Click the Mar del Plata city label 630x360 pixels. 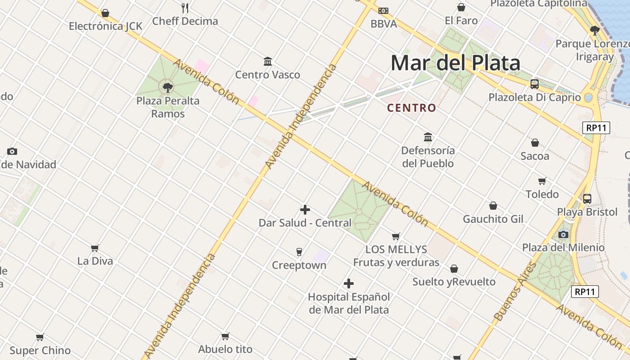455,63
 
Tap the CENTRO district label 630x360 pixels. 412,108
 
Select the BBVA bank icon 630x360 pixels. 383,10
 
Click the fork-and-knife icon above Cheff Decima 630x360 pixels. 185,8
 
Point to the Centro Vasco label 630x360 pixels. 268,75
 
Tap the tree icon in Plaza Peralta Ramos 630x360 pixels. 168,87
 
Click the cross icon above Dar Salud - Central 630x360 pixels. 305,210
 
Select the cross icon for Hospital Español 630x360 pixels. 349,283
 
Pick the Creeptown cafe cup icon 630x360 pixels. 299,252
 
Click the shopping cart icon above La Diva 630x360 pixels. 95,248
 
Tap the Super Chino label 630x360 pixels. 40,351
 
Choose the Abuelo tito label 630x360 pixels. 225,349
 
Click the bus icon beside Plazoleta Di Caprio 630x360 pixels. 535,84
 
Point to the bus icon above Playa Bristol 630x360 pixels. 587,198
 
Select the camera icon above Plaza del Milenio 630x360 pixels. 563,234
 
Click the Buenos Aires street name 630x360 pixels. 516,292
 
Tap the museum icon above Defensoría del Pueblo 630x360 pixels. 428,137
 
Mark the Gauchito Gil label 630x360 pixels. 493,219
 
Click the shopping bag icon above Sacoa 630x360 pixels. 535,143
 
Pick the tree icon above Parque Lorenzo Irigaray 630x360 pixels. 595,31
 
